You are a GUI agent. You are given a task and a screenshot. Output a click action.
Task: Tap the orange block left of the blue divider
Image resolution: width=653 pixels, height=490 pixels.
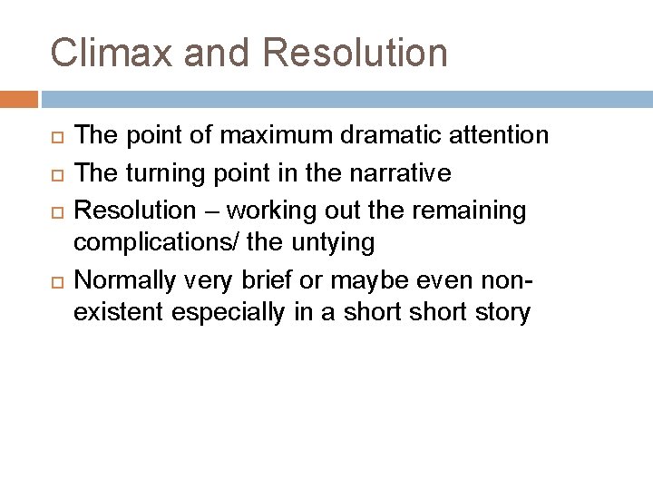click(19, 99)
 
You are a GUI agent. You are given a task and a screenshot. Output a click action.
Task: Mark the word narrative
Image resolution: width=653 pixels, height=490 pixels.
click(400, 173)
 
